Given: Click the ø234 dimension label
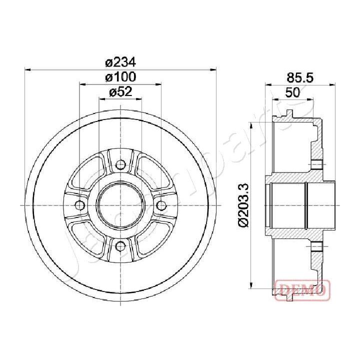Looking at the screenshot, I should (120, 62).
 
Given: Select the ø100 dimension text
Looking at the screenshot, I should (120, 77).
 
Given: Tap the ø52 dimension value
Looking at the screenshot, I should (120, 92).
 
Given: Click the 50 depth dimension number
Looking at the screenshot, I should (292, 92).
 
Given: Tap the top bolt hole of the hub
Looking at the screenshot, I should (120, 165).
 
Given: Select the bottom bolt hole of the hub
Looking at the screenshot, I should (120, 245).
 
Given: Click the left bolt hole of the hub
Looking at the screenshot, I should (80, 205).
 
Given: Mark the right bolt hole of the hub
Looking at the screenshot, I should (160, 205).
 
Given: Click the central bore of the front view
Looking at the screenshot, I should (120, 205).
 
